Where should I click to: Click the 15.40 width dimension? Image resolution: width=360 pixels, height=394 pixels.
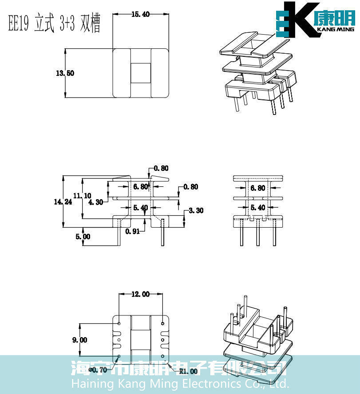[140, 14]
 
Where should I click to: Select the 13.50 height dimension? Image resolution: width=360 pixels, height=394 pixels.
[65, 73]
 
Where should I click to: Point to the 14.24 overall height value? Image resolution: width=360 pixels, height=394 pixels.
[63, 201]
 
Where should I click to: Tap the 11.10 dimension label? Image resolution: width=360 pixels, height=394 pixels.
[82, 195]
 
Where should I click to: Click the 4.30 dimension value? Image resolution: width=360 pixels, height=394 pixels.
[96, 202]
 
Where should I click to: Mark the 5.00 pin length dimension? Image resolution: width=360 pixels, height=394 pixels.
[83, 236]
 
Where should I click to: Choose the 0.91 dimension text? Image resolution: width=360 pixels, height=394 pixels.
[133, 231]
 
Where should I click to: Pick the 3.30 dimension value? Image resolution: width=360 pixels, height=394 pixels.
[196, 210]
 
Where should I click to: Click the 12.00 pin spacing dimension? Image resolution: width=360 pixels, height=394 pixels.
[140, 294]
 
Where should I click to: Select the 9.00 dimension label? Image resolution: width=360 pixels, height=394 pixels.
[80, 340]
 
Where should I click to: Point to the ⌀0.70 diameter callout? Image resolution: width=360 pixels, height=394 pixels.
[99, 370]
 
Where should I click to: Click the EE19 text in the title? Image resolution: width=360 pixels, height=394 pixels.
[19, 24]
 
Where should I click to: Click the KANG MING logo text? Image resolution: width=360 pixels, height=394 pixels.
[336, 30]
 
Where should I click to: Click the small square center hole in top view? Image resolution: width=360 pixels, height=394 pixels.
[140, 73]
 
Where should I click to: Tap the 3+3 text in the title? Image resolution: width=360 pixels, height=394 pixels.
[68, 24]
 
